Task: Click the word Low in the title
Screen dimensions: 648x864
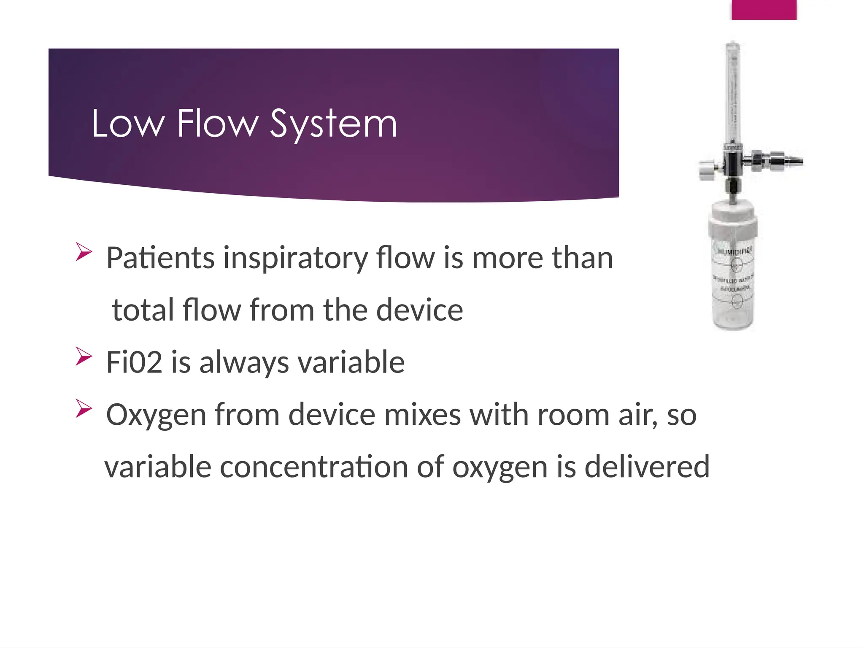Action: pos(127,124)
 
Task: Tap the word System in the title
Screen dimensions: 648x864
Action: pos(333,124)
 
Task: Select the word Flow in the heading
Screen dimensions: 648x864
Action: pos(217,124)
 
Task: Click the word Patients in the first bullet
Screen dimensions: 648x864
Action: pos(160,258)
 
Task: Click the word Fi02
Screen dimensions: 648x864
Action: pos(134,362)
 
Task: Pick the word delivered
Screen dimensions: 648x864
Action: pos(647,467)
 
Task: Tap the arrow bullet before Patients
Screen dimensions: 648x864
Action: pos(84,252)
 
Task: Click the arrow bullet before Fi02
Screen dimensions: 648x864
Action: pos(84,356)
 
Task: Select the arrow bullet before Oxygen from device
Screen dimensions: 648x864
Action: pos(84,408)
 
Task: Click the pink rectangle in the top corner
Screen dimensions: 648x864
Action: pos(764,10)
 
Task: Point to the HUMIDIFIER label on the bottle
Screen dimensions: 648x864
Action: pos(735,251)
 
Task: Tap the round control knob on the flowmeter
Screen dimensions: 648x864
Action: pos(705,171)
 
